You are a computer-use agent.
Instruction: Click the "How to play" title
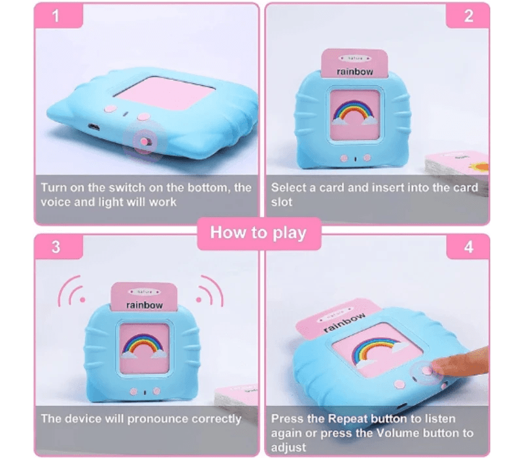[258, 233]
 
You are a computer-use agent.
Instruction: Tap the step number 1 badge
[56, 16]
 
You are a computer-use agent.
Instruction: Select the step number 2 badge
[469, 16]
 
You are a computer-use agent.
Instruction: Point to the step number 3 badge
[56, 247]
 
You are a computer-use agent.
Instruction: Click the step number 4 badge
[469, 247]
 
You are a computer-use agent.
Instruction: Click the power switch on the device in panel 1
[145, 142]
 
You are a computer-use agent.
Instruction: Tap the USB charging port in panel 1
[93, 127]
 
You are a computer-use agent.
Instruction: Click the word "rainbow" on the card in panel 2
[354, 71]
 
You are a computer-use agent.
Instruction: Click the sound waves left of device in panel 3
[72, 291]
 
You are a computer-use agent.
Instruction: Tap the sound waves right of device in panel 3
[210, 291]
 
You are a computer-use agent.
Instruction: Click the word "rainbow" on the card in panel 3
[144, 305]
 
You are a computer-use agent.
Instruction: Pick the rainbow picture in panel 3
[144, 345]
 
